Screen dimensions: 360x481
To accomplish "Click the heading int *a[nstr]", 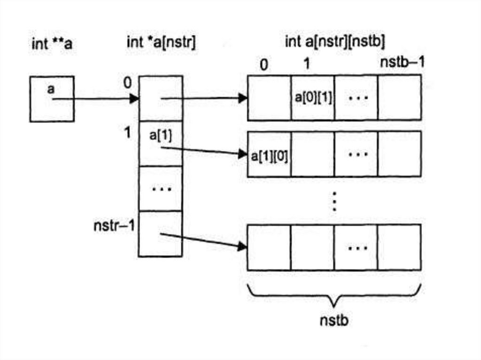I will coord(161,43).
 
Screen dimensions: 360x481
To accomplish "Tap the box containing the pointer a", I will coord(52,99).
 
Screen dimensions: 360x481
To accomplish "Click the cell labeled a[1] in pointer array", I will coord(161,143).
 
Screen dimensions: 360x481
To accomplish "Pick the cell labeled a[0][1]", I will coord(312,98).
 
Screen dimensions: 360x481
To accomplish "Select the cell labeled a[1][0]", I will coord(269,154).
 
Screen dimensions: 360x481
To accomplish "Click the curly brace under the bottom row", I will coord(334,293).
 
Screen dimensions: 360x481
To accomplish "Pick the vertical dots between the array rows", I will coord(334,201).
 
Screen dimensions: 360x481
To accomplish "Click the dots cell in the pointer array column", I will coord(161,189).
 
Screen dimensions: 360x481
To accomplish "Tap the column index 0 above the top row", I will coord(264,65).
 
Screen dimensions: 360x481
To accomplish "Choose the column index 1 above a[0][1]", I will coord(306,63).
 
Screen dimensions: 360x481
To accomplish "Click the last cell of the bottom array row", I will coord(399,247).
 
